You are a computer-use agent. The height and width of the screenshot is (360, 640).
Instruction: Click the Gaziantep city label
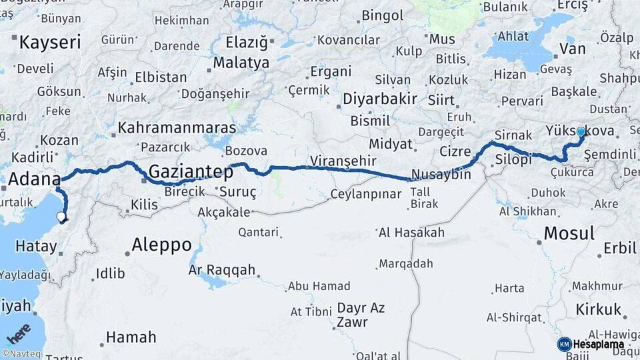pos(191,172)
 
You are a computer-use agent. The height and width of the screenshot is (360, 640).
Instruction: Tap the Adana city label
pos(34,179)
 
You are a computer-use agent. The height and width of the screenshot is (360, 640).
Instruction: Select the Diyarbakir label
pos(380,99)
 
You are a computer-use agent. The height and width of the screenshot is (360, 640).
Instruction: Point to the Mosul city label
pos(569,233)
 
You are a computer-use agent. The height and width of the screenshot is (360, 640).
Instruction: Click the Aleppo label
pos(161,245)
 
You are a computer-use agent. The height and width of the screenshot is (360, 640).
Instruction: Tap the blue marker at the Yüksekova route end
pos(581,133)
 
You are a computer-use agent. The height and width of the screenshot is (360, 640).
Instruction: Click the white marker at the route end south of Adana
pos(61,217)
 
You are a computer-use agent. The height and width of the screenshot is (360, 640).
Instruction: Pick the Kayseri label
pos(50,43)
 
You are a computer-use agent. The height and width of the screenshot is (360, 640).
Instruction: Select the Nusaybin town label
pos(441,175)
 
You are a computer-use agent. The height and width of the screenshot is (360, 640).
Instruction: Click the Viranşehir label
pos(343,161)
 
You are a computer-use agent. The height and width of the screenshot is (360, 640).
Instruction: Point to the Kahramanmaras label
pos(177,127)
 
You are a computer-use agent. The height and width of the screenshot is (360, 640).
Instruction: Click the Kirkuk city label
pos(600,309)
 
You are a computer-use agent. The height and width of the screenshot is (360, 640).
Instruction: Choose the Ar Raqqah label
pos(222,270)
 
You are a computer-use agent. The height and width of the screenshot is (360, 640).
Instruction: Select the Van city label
pos(573,48)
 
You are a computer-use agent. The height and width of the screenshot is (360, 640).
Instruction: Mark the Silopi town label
pos(513,160)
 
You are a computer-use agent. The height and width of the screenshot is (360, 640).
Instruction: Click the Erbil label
pos(619,249)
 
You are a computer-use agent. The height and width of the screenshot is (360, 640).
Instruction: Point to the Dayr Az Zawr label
pos(361,315)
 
